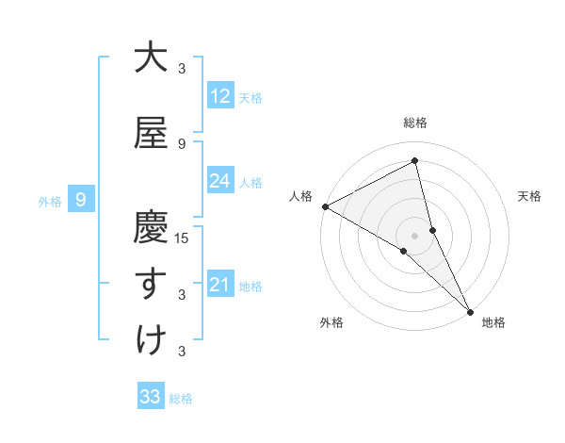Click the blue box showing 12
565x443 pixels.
click(x=220, y=96)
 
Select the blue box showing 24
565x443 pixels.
click(x=220, y=181)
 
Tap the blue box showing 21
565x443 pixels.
click(x=220, y=285)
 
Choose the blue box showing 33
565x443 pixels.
click(x=151, y=397)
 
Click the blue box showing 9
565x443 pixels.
click(x=81, y=200)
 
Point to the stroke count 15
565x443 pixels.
click(x=183, y=238)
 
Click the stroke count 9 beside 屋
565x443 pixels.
click(x=182, y=143)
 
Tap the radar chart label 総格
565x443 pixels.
click(x=415, y=123)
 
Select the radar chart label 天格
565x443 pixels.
click(x=530, y=196)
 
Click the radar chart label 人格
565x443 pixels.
click(x=300, y=196)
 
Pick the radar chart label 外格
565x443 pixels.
click(x=331, y=322)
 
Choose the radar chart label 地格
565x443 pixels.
click(x=493, y=322)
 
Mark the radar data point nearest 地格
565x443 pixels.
click(x=470, y=311)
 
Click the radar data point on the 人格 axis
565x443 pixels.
click(x=325, y=206)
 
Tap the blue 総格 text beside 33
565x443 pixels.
click(x=181, y=398)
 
